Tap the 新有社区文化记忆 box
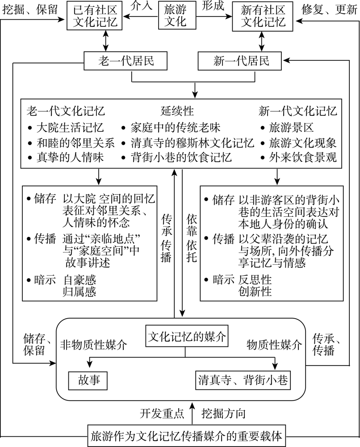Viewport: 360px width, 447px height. coord(260,16)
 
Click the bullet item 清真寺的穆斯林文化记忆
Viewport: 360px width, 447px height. coord(192,143)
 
